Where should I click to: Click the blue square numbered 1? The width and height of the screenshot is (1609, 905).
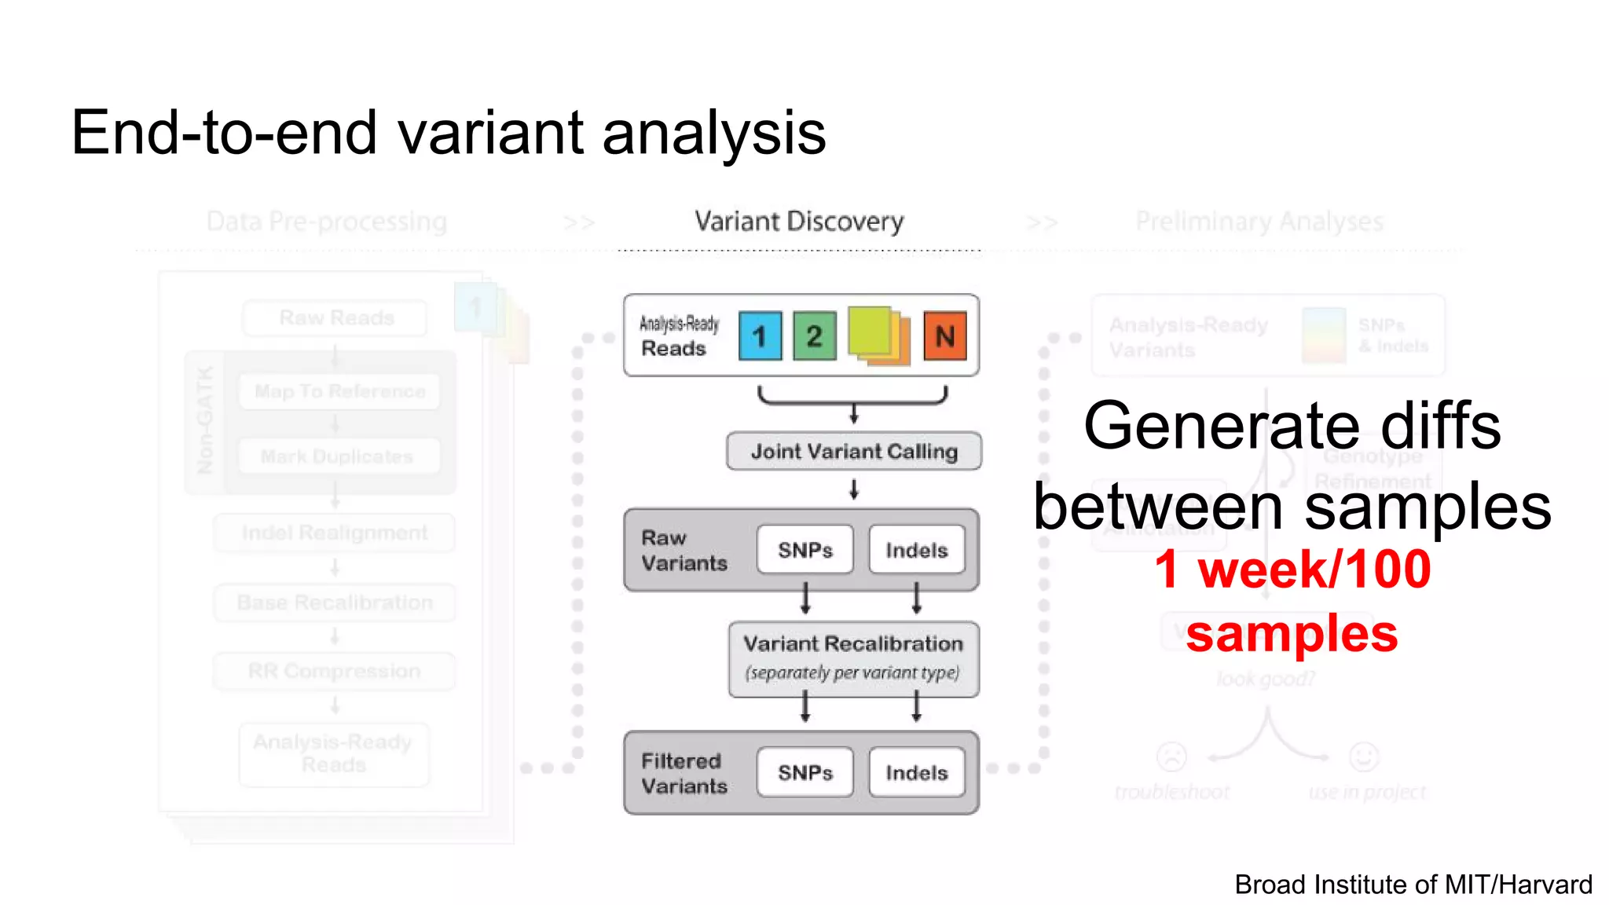[x=760, y=336]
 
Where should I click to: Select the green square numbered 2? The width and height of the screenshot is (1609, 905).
[x=814, y=336]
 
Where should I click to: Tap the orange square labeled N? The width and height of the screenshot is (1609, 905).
[x=944, y=336]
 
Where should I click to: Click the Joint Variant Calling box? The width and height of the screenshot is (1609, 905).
[x=854, y=451]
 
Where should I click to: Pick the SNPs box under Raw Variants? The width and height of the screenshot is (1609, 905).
[x=804, y=550]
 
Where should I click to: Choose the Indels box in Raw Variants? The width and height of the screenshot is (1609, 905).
[x=916, y=550]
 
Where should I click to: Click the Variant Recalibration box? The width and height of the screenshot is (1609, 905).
[x=854, y=658]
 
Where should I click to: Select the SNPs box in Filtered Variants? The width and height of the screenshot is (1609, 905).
[x=804, y=772]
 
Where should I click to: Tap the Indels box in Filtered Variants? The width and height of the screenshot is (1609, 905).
[x=916, y=772]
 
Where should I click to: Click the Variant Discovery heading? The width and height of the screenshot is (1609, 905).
[x=799, y=222]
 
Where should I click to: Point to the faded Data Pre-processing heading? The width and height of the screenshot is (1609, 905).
[x=327, y=222]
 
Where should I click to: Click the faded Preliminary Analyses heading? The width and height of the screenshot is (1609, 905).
[x=1259, y=222]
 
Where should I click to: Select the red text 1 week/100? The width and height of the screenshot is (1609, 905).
[x=1292, y=569]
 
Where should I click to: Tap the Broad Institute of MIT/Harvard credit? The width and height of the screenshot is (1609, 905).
[x=1413, y=885]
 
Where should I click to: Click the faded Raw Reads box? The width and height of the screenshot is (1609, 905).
[x=336, y=317]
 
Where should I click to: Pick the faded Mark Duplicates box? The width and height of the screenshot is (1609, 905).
[x=336, y=456]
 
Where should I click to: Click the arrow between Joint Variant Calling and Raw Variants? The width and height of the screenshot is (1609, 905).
[x=854, y=489]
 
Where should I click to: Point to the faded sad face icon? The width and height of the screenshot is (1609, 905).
[x=1171, y=757]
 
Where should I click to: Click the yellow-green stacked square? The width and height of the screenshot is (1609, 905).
[x=870, y=330]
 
